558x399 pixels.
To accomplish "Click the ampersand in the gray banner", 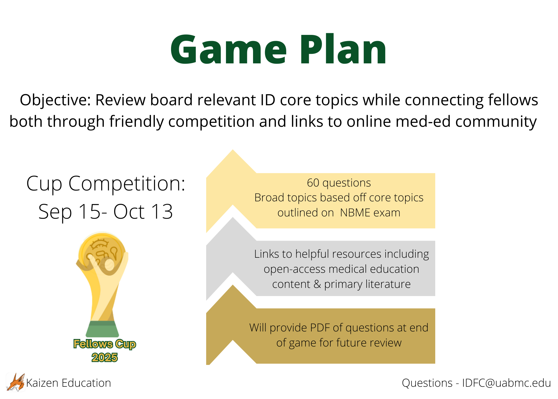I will coord(317,284).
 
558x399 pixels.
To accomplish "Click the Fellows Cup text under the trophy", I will coord(105,344).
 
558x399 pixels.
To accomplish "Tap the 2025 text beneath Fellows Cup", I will coord(105,358).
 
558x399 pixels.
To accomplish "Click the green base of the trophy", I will coord(102,329).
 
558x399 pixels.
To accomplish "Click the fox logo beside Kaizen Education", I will coord(16,383).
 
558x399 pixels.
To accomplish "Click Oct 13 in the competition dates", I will coord(143,212).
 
